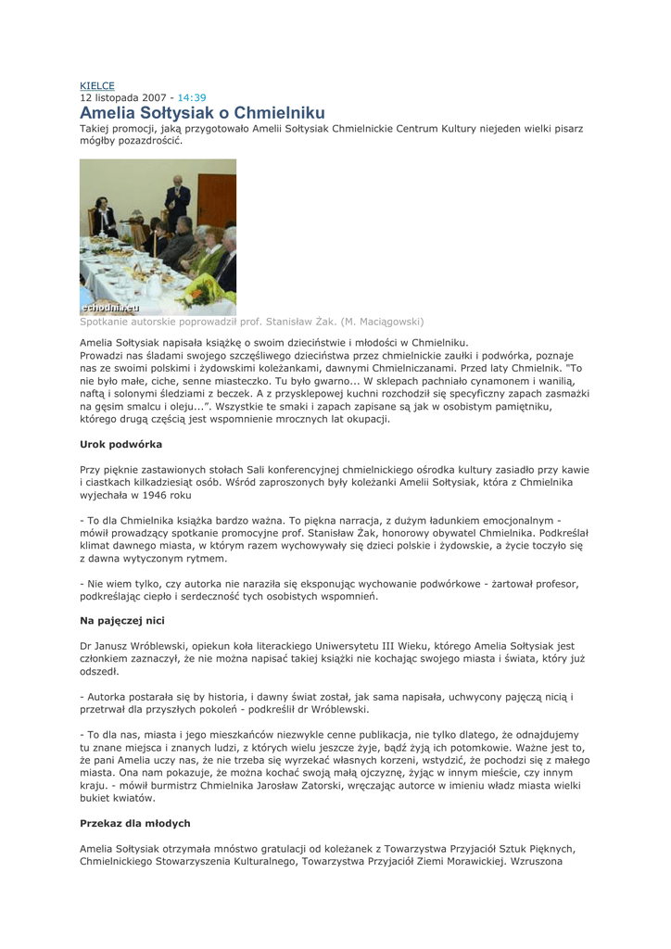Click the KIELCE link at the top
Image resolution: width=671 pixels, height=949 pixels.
(97, 85)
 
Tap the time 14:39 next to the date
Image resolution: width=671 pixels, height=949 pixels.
(192, 97)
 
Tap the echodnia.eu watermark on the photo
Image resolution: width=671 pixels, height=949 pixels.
(110, 306)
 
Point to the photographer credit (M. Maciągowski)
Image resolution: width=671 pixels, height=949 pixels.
(383, 322)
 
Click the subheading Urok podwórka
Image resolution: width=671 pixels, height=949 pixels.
(121, 444)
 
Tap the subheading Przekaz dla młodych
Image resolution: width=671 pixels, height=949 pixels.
(135, 822)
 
